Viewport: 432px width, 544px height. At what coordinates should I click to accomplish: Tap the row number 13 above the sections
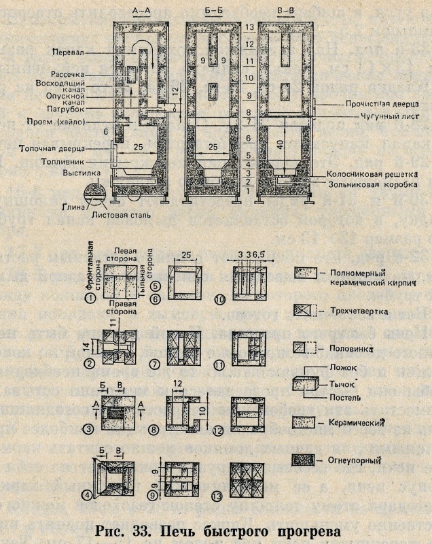249,27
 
